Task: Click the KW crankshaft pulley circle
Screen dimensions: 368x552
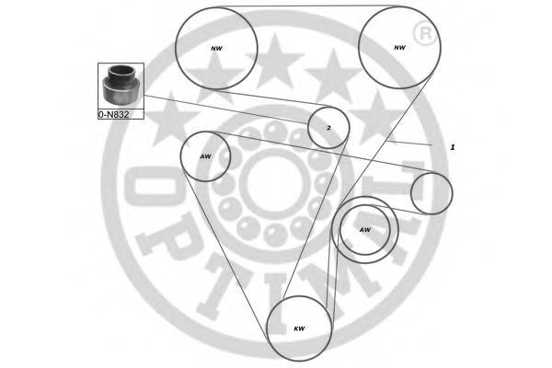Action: [x=299, y=328]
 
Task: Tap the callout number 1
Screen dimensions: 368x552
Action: [x=452, y=147]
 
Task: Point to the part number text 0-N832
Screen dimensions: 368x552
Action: [x=114, y=116]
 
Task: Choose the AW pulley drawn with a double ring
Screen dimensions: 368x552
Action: [x=365, y=229]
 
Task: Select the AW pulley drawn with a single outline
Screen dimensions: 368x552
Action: [x=205, y=156]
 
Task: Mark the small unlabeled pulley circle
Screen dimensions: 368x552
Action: [x=431, y=192]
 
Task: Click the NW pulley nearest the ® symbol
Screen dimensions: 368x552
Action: [x=397, y=47]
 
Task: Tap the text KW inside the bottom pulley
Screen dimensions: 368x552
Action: [x=299, y=328]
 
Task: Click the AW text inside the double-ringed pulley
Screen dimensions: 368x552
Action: [x=364, y=230]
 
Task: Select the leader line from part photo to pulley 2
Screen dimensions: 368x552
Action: [x=230, y=108]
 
